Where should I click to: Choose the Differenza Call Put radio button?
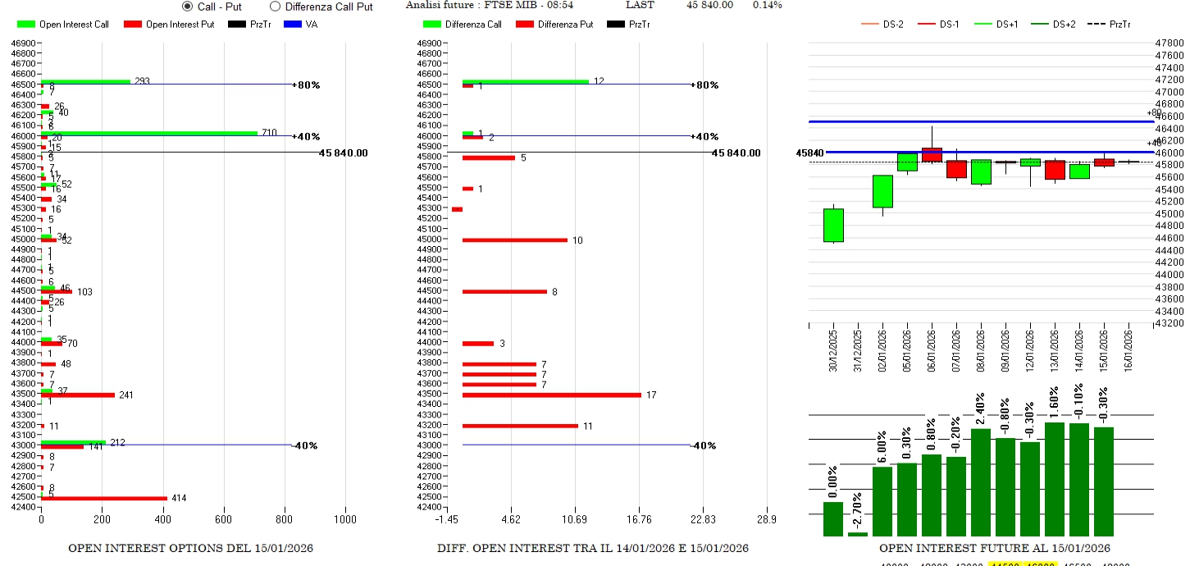pyautogui.click(x=275, y=7)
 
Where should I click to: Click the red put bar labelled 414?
pyautogui.click(x=104, y=498)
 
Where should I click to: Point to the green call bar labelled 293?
pyautogui.click(x=86, y=81)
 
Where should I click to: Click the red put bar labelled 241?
pyautogui.click(x=78, y=395)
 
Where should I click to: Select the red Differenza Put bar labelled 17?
pyautogui.click(x=551, y=395)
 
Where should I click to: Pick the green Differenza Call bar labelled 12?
pyautogui.click(x=525, y=81)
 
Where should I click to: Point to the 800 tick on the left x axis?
pyautogui.click(x=285, y=519)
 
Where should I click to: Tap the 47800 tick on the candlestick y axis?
pyautogui.click(x=1168, y=43)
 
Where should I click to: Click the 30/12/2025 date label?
pyautogui.click(x=833, y=350)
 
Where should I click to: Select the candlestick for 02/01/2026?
pyautogui.click(x=882, y=191)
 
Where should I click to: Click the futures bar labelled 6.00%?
pyautogui.click(x=882, y=500)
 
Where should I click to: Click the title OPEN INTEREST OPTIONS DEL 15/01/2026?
pyautogui.click(x=190, y=548)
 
